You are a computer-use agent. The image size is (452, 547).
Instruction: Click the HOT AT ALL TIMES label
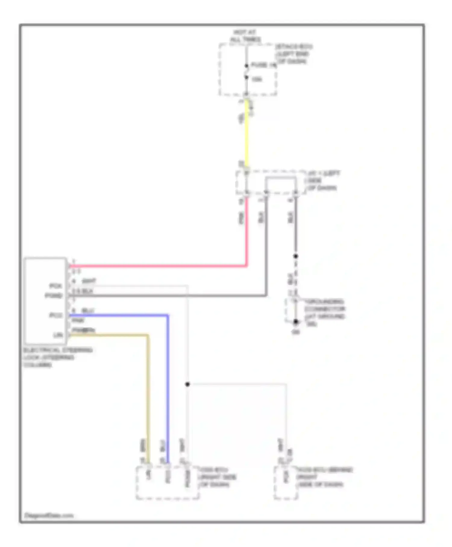pos(245,36)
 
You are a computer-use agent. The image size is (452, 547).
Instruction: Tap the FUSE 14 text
pos(263,65)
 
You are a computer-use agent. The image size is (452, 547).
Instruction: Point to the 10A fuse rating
pos(257,79)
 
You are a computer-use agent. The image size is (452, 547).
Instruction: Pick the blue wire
pos(168,377)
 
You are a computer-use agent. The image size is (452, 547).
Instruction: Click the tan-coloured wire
pos(148,392)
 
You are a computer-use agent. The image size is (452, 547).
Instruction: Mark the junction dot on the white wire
pos(187,384)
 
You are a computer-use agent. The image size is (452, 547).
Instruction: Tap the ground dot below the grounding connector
pos(296,322)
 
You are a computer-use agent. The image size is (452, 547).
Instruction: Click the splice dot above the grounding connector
pos(296,256)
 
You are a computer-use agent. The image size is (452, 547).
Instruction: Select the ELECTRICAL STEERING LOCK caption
pos(57,357)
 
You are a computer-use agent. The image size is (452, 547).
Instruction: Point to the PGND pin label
pos(54,296)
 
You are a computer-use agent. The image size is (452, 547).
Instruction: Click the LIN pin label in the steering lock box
pos(58,335)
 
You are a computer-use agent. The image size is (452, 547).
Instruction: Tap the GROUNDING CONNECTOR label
pos(325,309)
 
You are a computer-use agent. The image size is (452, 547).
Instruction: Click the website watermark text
pos(49,515)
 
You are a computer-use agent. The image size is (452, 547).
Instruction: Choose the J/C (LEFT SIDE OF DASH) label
pos(322,181)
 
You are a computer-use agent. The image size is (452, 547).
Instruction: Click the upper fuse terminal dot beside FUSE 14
pos(246,66)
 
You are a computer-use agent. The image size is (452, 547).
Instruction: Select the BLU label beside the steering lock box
pos(88,311)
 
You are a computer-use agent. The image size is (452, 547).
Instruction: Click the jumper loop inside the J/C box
pos(281,178)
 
